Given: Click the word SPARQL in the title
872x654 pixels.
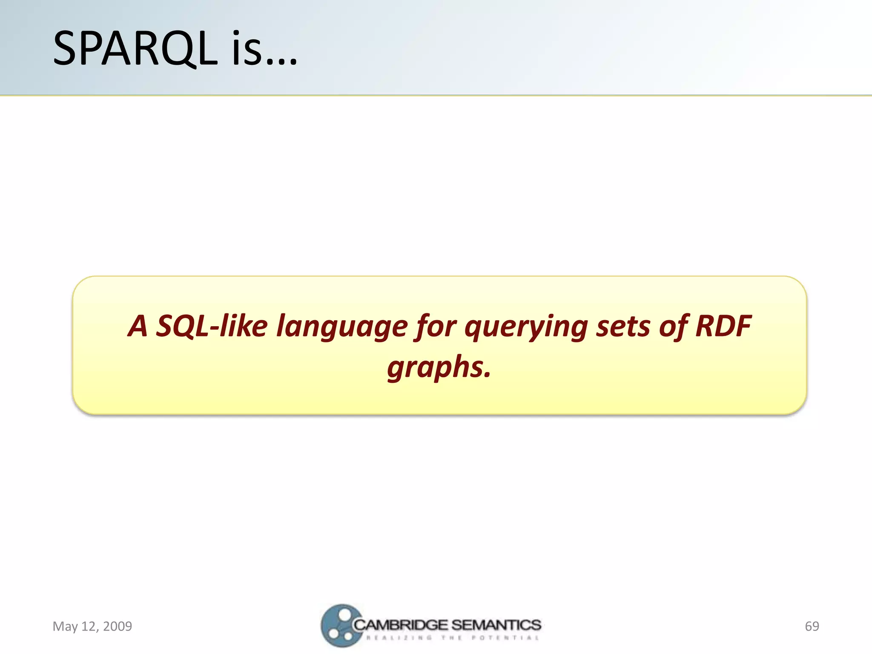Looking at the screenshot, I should (135, 49).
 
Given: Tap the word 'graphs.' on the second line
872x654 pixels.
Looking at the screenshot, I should (439, 367).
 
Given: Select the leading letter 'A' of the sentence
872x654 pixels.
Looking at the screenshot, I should (138, 326).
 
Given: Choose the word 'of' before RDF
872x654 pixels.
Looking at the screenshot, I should (673, 326).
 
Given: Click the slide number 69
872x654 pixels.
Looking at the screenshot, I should (812, 626).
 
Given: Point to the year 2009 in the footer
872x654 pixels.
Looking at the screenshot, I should (118, 626).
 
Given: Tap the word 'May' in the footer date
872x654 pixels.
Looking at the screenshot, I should (65, 626).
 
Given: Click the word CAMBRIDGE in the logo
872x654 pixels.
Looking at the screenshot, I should (401, 625).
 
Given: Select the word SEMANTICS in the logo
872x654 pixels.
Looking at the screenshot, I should (496, 625).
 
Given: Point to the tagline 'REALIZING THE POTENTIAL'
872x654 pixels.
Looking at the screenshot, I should (452, 638).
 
